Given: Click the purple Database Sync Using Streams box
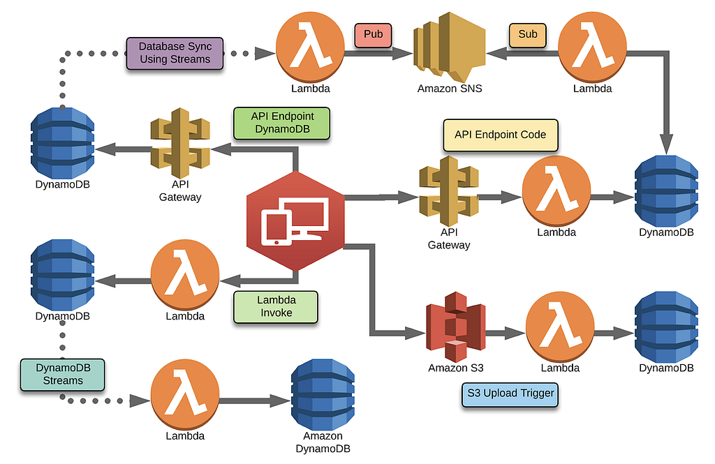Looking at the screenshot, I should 175,53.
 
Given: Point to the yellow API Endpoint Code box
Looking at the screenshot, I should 500,135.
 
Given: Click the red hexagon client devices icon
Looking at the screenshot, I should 296,220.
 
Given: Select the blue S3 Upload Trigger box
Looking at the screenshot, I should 511,394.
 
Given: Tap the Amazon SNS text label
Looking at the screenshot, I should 450,89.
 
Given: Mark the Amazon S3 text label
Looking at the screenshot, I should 456,368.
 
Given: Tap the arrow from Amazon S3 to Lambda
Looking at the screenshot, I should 505,334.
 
